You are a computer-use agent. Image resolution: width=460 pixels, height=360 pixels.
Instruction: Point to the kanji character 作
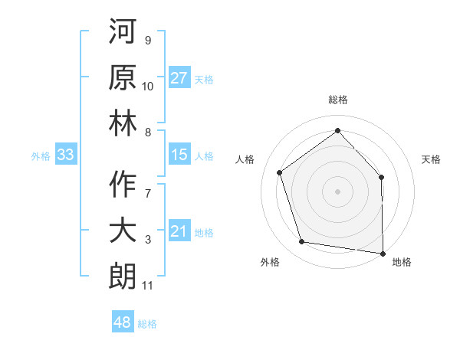tap(122, 184)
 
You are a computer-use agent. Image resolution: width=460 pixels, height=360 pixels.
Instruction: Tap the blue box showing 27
tap(179, 78)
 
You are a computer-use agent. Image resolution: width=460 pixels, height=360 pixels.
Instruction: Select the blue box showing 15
tap(179, 155)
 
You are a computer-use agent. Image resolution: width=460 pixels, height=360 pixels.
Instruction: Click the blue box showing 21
tap(179, 232)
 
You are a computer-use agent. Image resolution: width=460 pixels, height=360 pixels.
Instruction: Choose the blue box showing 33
tap(65, 155)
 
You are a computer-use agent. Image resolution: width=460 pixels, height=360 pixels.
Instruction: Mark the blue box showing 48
tap(122, 322)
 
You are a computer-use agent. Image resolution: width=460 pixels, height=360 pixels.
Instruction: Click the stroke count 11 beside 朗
tap(147, 286)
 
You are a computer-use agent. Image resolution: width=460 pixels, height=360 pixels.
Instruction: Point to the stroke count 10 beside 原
tap(148, 87)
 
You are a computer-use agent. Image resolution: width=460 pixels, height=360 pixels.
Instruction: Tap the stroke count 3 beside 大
tap(148, 241)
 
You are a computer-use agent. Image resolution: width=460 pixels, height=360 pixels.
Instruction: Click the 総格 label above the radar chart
tap(337, 100)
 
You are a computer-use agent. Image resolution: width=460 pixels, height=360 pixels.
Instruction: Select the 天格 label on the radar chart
tap(432, 159)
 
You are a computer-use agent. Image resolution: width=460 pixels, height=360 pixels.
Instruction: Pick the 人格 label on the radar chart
tap(245, 159)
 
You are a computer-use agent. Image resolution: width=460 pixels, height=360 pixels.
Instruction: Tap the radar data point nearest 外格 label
tap(302, 242)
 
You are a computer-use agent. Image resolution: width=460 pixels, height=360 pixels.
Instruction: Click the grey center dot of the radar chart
tap(337, 191)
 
